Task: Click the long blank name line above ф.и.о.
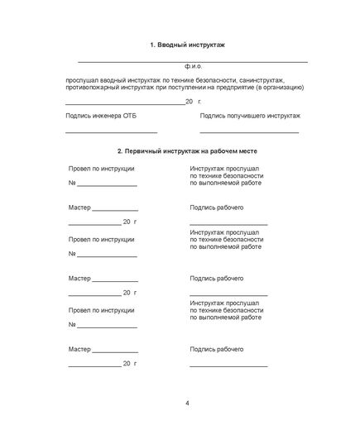(x=193, y=61)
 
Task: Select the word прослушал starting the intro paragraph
(x=84, y=79)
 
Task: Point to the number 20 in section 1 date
(x=190, y=101)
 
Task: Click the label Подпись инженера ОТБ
(x=99, y=117)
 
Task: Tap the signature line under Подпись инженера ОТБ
(x=111, y=132)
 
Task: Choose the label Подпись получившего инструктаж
(x=250, y=117)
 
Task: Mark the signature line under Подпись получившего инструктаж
(x=250, y=132)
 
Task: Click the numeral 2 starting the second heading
(x=120, y=151)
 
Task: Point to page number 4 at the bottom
(x=188, y=403)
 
